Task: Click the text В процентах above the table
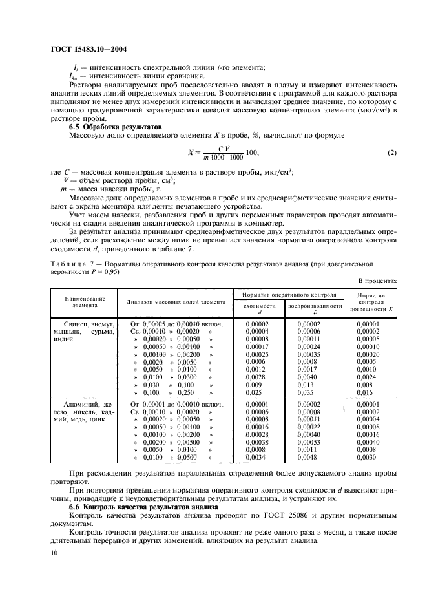377,280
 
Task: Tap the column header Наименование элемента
84,301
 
